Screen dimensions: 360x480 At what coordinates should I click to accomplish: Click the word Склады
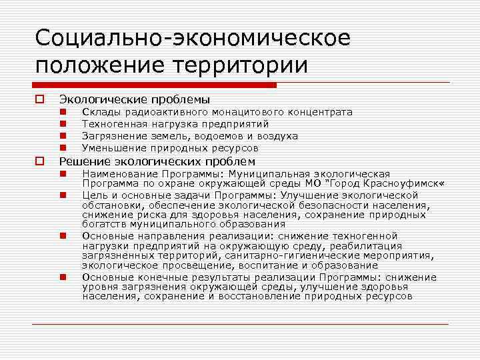coord(100,112)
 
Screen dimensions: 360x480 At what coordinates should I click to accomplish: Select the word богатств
coord(107,224)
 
